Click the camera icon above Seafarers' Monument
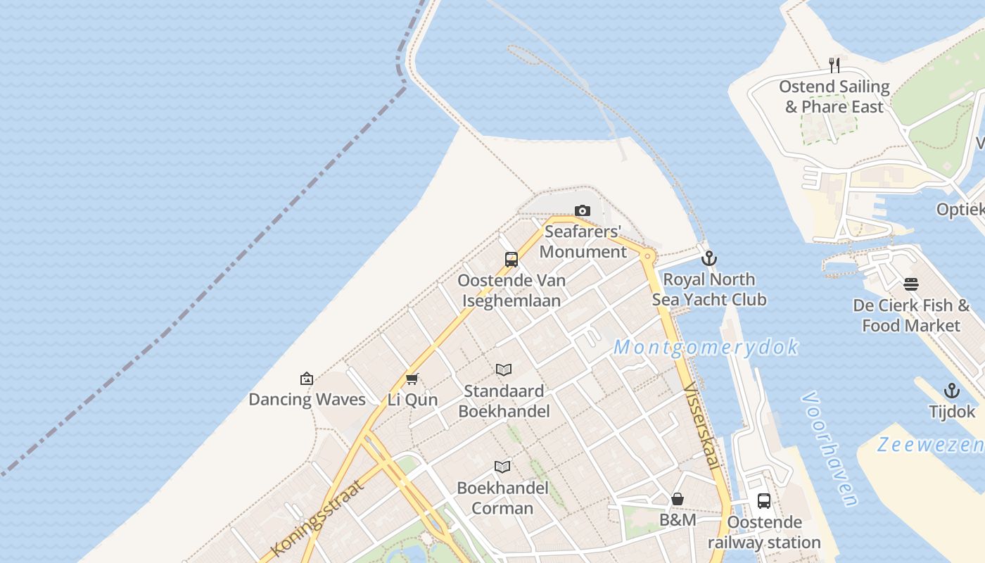point(583,210)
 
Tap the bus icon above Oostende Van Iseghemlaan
point(511,259)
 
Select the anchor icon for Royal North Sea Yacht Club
point(708,258)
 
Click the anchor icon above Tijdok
point(951,391)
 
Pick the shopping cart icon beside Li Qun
point(412,379)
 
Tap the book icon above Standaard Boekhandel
point(504,369)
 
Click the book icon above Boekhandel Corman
point(502,467)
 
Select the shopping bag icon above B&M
point(678,499)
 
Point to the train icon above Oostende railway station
point(764,501)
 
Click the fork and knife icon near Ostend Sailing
point(834,65)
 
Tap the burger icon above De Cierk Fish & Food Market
point(911,284)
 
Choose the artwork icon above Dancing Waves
point(307,379)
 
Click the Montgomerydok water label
point(706,347)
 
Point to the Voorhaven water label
point(830,449)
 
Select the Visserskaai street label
point(701,426)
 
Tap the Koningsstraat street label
point(318,519)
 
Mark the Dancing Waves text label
point(307,400)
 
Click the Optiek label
point(961,209)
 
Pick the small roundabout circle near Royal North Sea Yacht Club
point(647,256)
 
